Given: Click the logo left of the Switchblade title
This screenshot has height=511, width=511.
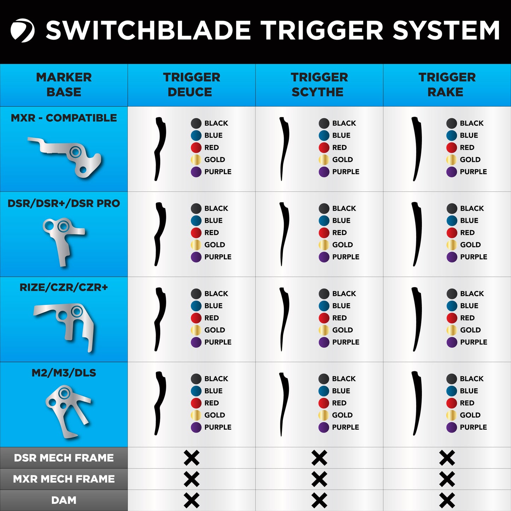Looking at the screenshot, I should [22, 30].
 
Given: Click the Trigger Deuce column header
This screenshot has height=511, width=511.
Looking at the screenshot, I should [191, 85].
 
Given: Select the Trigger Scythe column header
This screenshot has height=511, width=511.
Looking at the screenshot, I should [319, 85].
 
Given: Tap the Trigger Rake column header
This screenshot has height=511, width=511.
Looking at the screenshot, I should [447, 85].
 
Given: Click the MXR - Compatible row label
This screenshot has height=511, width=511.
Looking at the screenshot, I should [64, 118].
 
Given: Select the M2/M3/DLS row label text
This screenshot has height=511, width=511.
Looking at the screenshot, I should [64, 373].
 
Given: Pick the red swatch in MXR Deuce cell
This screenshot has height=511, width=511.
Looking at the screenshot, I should [196, 147].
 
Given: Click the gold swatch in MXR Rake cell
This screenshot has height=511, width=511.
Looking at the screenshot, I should [451, 159].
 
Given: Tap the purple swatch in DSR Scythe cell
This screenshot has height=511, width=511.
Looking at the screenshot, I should [324, 257].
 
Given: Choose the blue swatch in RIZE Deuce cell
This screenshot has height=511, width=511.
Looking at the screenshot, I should [196, 306].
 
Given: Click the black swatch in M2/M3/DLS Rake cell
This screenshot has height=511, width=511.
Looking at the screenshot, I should [451, 379].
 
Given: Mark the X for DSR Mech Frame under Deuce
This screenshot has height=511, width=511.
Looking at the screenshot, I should [191, 458].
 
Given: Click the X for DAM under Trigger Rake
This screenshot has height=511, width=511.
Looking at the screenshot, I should [447, 500].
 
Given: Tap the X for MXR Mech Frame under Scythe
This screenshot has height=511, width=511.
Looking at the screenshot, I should [319, 479].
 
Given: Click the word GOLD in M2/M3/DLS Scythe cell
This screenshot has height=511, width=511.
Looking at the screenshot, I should [342, 415].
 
